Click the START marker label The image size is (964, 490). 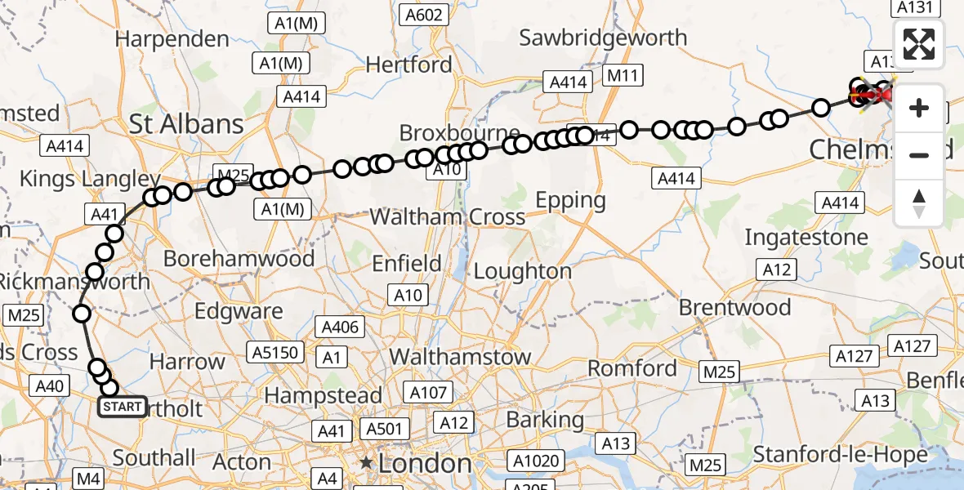point(123,407)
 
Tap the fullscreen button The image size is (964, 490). point(919,44)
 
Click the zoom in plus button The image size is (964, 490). point(919,108)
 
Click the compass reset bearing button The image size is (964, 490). point(919,203)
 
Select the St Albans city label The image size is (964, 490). point(186,124)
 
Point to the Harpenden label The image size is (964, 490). point(172,38)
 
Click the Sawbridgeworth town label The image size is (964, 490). point(603,37)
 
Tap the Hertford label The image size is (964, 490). point(408,64)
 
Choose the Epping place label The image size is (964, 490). point(570,200)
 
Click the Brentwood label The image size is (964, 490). point(735,308)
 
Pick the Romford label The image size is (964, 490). point(632,368)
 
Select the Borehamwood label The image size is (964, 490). point(239,259)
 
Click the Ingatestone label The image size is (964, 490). point(806,238)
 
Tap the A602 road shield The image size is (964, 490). point(424,14)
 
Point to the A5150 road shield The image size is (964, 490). point(277,353)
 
